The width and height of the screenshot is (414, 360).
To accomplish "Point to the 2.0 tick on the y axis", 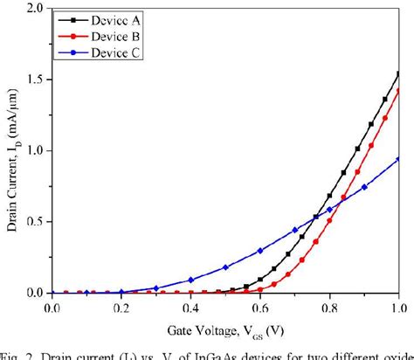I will coord(35,8).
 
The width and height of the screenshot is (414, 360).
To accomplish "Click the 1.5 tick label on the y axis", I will coord(35,80).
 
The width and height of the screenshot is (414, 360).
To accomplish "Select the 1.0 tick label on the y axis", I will coord(35,150).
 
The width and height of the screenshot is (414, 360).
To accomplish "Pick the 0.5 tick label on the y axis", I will coord(35,222).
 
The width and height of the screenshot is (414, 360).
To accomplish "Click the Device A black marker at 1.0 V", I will coord(398,74).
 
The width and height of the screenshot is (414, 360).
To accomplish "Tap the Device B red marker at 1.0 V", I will coord(398,91).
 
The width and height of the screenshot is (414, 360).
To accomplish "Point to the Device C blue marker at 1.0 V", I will coord(398,159).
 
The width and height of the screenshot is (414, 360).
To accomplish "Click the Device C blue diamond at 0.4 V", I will coord(190,280).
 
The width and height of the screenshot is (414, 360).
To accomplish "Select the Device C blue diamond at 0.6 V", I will coord(259,251).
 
